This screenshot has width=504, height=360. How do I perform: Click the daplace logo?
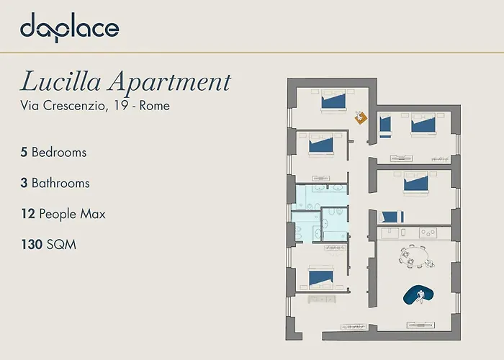click(x=69, y=27)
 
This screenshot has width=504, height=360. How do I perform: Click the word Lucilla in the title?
click(x=60, y=82)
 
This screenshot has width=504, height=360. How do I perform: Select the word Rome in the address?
click(x=154, y=106)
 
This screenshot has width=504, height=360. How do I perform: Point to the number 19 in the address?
click(x=120, y=106)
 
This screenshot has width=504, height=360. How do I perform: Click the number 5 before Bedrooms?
click(x=24, y=153)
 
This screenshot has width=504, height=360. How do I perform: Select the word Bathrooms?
click(x=60, y=183)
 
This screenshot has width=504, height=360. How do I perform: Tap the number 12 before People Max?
click(x=28, y=214)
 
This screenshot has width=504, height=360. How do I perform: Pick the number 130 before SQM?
click(x=32, y=245)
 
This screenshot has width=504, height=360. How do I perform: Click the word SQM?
click(x=61, y=245)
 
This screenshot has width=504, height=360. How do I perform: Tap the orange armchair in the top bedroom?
click(x=361, y=117)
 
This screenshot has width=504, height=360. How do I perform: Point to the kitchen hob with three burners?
click(x=428, y=233)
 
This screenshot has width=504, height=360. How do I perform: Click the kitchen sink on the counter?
click(x=390, y=233)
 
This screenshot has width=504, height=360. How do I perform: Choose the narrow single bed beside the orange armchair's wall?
click(x=385, y=125)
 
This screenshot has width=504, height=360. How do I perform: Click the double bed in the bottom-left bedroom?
click(x=321, y=279)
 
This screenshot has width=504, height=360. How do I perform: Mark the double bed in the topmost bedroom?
click(x=333, y=100)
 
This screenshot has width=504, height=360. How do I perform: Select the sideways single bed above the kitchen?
click(x=391, y=217)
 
